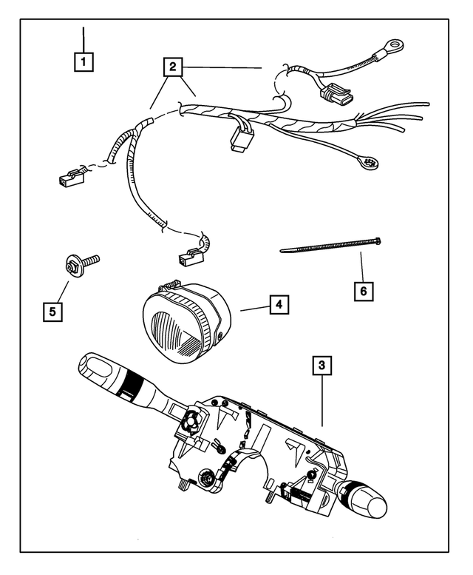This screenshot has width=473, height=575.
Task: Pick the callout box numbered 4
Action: [279, 304]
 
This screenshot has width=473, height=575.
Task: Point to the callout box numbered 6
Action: [363, 291]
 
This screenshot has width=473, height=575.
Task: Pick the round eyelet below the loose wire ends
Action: [368, 162]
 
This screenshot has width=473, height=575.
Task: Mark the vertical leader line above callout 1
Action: [85, 38]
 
